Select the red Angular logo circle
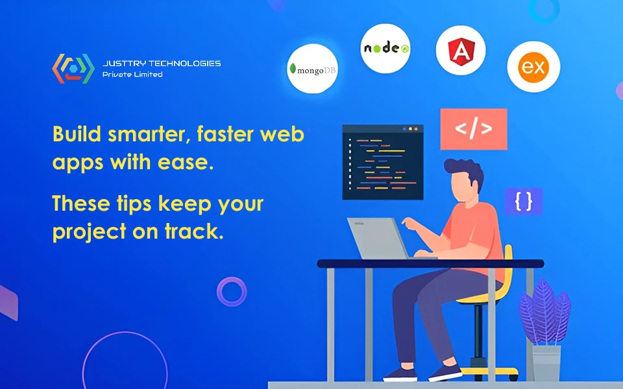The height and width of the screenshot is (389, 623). [461, 51]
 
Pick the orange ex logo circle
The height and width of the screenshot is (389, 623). [533, 67]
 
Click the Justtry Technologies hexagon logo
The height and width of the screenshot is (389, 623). [69, 68]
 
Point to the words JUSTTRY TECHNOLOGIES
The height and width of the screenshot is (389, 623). [162, 64]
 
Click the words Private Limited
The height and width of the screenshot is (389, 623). [132, 75]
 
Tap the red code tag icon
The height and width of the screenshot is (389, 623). [473, 129]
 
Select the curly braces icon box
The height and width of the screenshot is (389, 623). [523, 202]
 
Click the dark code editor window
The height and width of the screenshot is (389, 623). [382, 162]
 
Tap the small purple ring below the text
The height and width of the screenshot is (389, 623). [232, 291]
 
